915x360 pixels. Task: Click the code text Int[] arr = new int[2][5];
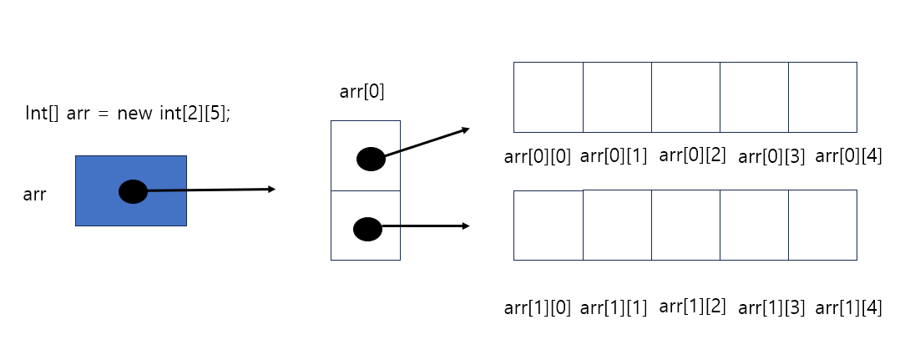point(128,114)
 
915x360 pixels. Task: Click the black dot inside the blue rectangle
point(133,192)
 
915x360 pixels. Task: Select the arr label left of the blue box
point(34,195)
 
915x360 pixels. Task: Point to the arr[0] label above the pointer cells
point(362,92)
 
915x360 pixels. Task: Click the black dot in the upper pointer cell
point(371,159)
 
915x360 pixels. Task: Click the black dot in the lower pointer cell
point(367,228)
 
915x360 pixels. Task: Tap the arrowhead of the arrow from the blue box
point(270,190)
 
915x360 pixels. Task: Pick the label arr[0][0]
point(538,156)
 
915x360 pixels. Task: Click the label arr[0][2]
point(692,155)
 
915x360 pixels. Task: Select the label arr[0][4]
point(848,156)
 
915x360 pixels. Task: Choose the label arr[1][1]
point(614,308)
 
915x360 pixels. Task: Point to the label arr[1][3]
point(771,308)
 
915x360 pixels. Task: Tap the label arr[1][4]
point(848,308)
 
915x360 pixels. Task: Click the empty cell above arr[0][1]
point(617,97)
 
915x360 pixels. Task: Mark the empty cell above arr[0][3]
point(754,97)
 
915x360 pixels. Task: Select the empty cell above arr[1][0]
point(548,226)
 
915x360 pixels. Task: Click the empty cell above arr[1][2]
point(685,225)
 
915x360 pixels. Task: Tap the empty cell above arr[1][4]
point(822,225)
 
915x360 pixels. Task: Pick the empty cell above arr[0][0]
point(548,97)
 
